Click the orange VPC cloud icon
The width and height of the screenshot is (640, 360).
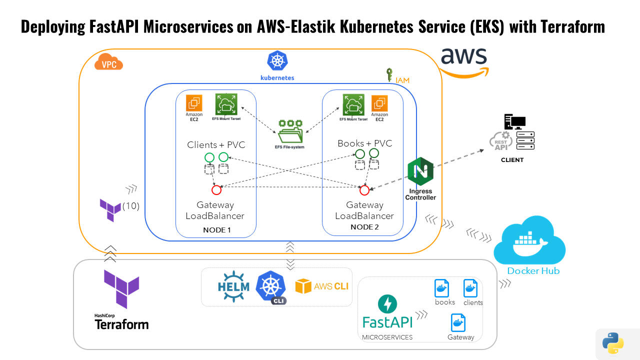point(109,63)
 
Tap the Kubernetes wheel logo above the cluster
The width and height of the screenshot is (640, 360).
point(277,61)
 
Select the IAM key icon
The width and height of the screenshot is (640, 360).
point(389,75)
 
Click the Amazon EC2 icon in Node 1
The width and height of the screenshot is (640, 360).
point(194,103)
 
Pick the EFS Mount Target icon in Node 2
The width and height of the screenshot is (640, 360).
point(353,104)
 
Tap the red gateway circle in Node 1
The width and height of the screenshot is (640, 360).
point(216,190)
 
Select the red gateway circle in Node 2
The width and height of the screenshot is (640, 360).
point(364,190)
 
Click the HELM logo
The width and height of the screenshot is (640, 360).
point(233,286)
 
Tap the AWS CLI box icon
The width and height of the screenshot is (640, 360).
point(303,286)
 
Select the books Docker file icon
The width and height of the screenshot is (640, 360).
point(441,288)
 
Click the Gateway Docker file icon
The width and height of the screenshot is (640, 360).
point(458,322)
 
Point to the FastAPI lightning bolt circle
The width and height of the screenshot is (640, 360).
point(388,304)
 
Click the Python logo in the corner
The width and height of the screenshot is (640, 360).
point(612,343)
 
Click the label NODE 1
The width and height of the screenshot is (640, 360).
point(217,230)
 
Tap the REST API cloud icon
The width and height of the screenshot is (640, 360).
point(500,142)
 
